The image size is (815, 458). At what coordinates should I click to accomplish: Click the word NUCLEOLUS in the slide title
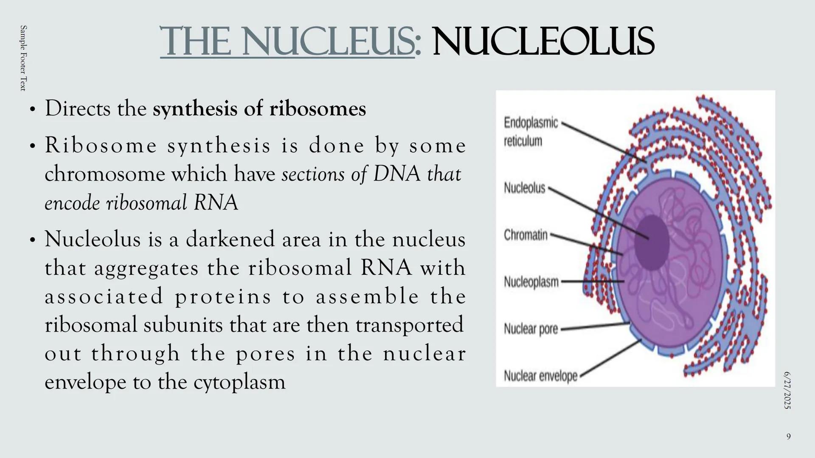(543, 41)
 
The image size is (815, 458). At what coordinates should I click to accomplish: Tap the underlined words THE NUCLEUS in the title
(287, 41)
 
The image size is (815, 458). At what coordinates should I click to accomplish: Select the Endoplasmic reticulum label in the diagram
(531, 132)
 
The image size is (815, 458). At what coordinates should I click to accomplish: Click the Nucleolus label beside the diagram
(525, 188)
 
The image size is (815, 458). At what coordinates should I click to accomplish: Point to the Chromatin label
(526, 235)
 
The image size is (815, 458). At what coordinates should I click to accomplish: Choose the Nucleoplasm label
(531, 282)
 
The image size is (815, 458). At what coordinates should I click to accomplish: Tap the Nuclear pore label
(531, 329)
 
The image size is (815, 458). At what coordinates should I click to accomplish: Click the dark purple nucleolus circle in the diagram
(652, 243)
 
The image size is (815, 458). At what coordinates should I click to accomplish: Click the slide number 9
(788, 436)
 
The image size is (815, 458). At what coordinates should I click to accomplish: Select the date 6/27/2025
(787, 390)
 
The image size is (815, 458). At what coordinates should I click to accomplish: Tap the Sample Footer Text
(23, 58)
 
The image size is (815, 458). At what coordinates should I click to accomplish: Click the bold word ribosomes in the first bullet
(318, 109)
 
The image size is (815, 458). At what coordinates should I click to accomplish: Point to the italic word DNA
(396, 174)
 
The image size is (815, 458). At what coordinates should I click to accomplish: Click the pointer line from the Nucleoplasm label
(593, 281)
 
